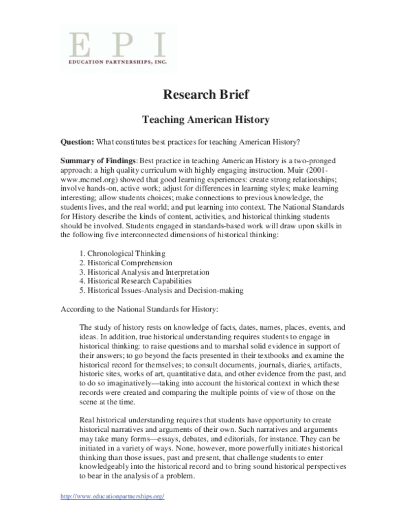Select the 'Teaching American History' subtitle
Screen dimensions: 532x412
205,119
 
